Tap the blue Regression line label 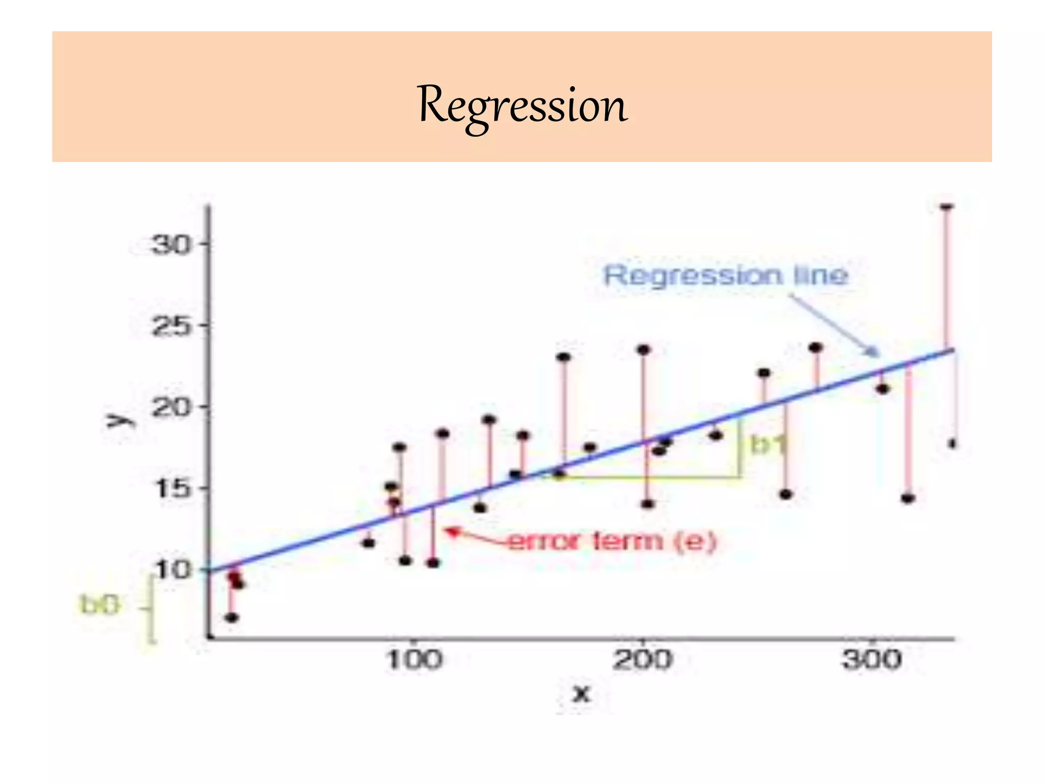coord(726,276)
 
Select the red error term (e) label coord(612,541)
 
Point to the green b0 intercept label coord(100,605)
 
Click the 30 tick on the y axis coord(170,245)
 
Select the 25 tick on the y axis coord(170,326)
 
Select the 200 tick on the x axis coord(642,660)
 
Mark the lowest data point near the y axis coord(232,618)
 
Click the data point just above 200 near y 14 coord(647,504)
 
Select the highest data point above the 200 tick coord(644,350)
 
